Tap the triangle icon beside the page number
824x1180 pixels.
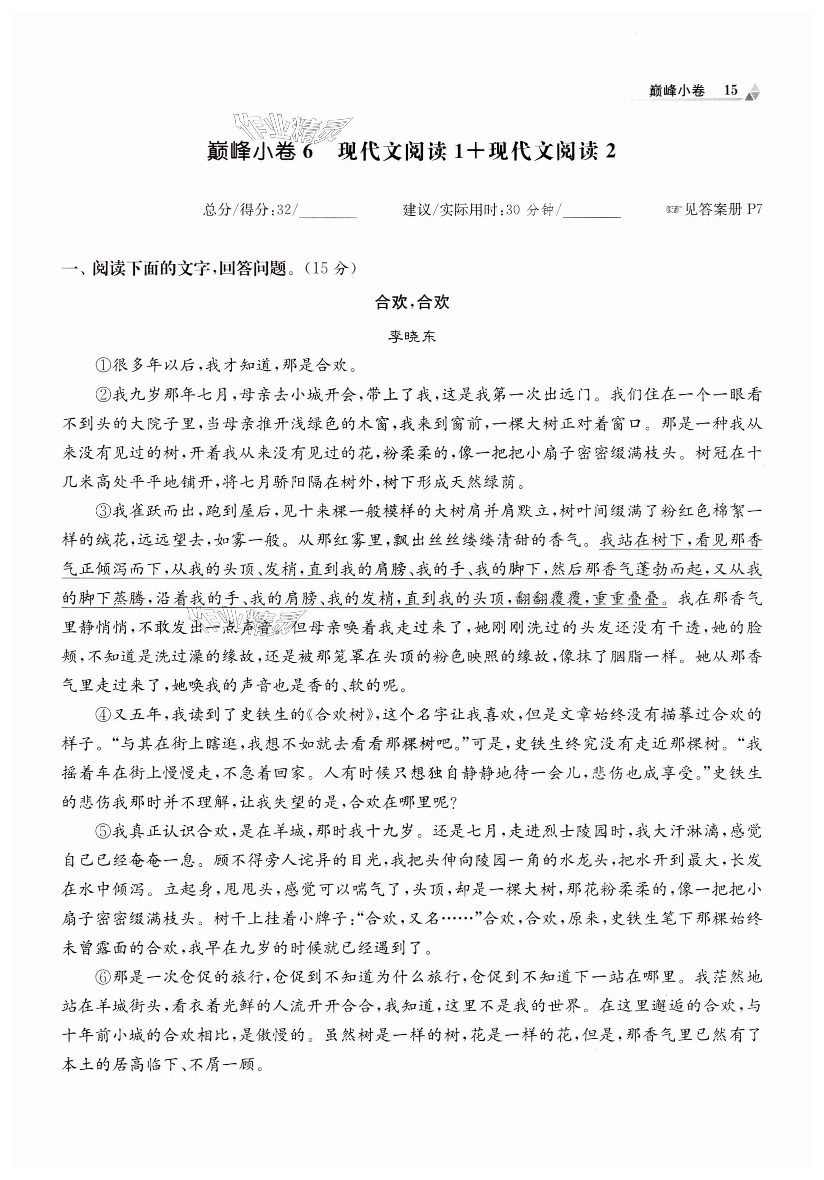click(x=754, y=91)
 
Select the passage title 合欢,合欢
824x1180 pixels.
click(x=412, y=302)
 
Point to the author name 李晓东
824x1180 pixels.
click(x=412, y=337)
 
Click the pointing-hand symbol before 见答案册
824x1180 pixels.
click(x=673, y=210)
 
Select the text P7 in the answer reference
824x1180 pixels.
click(x=753, y=210)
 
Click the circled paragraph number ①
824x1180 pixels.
click(x=103, y=366)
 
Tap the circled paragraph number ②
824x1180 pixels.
click(x=103, y=395)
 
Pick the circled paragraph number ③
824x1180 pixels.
click(x=103, y=511)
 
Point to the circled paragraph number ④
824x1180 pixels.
click(x=103, y=714)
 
